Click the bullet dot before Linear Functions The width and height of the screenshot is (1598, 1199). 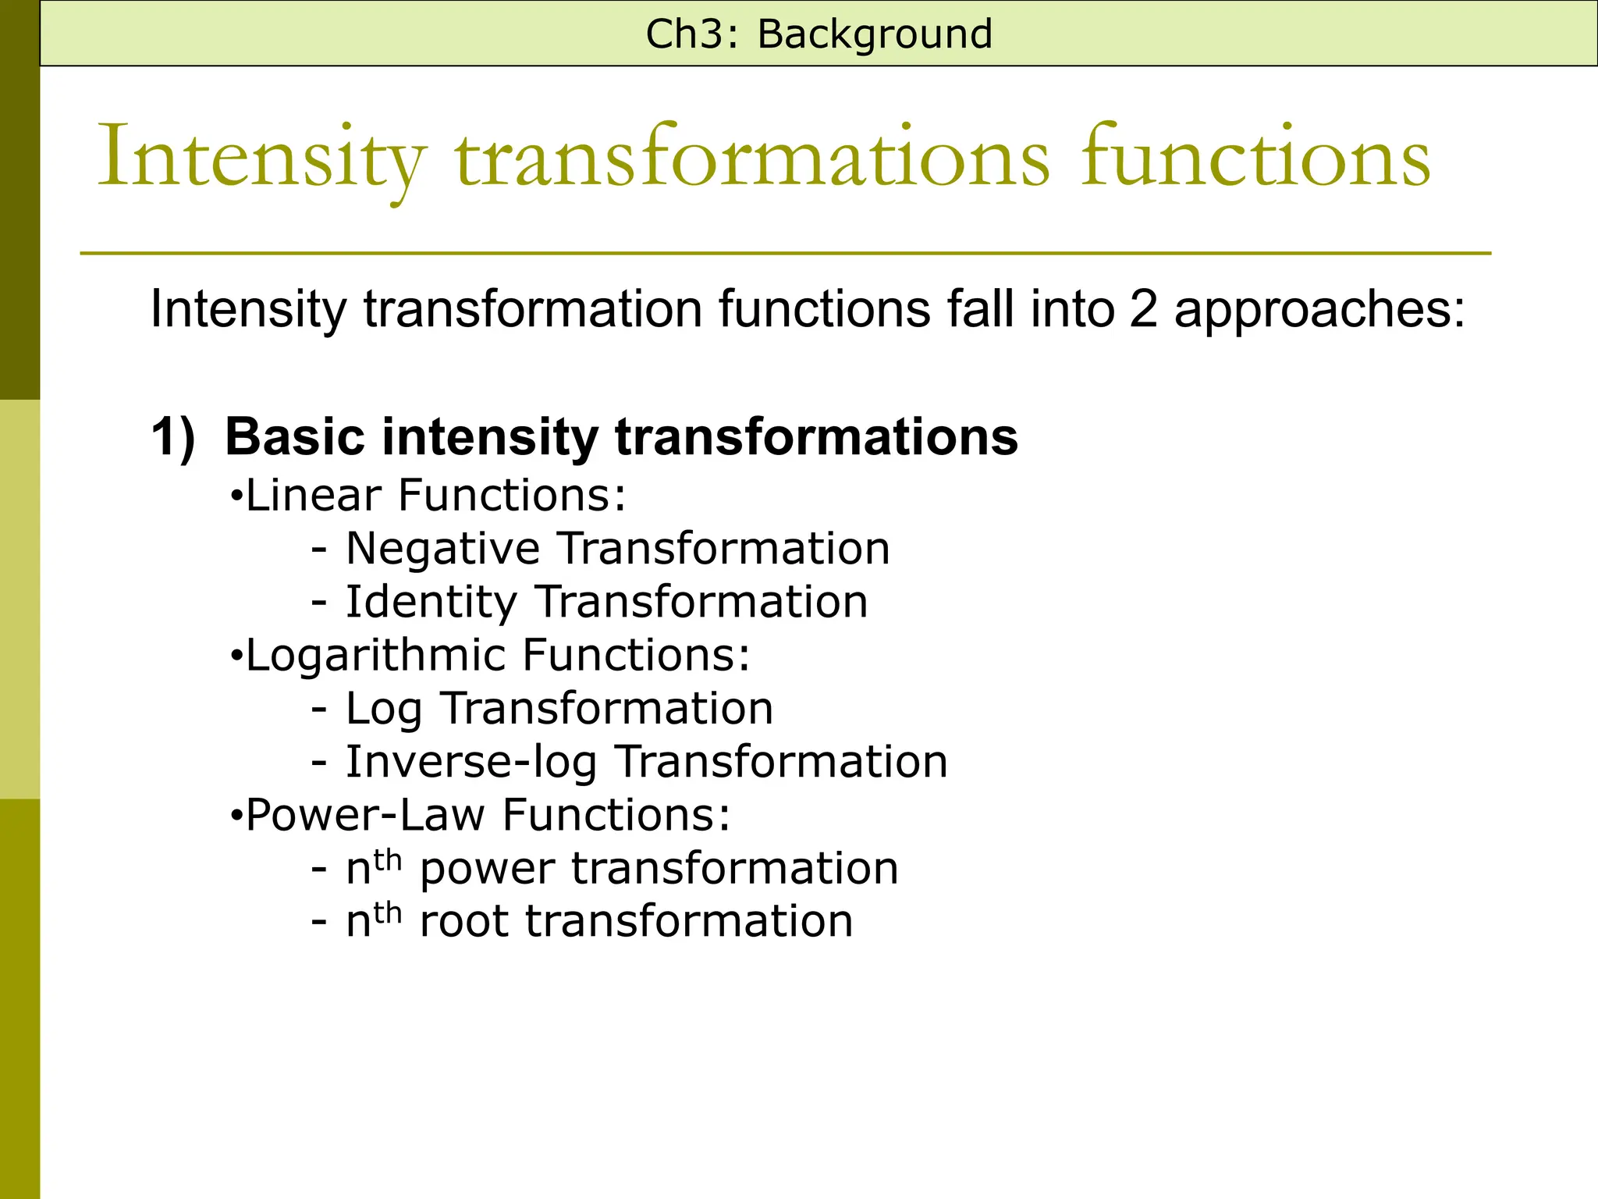[236, 497]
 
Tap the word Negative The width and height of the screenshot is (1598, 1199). [442, 548]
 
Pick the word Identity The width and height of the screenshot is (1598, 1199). [431, 603]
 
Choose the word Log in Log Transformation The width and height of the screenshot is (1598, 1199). [384, 710]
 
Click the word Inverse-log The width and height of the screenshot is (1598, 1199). [471, 761]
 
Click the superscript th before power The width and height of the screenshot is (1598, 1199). [387, 860]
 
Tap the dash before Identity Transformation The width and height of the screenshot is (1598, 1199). [318, 603]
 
